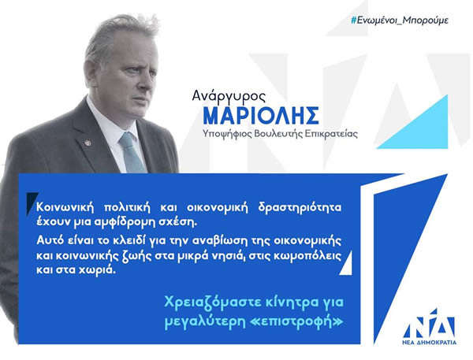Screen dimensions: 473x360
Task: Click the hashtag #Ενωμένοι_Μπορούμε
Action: tap(400, 20)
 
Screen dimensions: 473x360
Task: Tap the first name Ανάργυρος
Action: tap(229, 96)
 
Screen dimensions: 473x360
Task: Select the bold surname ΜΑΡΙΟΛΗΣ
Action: tap(261, 116)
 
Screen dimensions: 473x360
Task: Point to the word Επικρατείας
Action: tap(331, 133)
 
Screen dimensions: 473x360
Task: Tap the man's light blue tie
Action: tap(131, 153)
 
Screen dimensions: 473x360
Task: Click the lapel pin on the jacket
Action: tap(88, 143)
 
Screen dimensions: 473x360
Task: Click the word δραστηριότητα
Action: tap(300, 208)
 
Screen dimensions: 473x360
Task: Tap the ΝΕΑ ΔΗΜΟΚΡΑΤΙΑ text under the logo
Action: tap(430, 342)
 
